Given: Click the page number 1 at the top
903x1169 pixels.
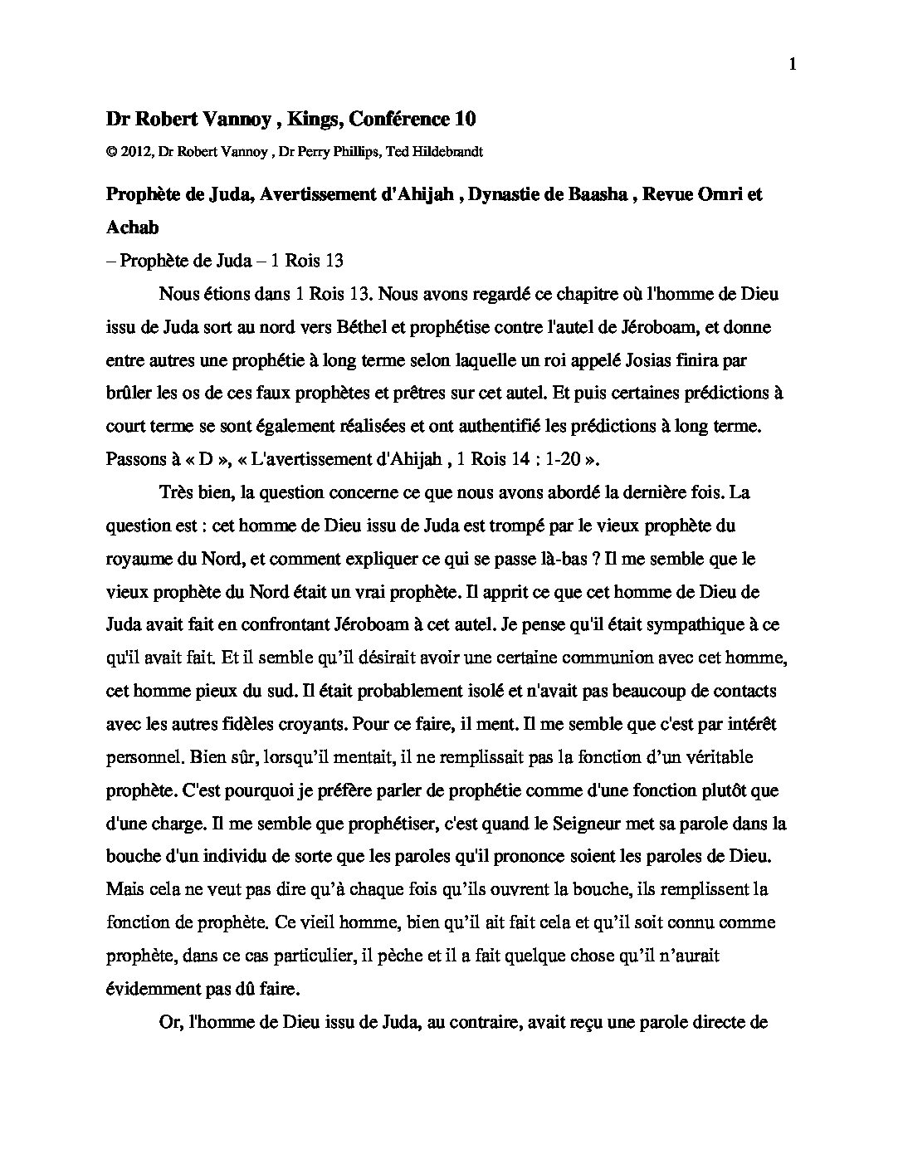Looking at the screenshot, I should point(792,65).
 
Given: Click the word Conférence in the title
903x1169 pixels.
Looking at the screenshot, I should point(398,120).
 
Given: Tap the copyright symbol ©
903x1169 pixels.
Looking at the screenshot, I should point(111,152).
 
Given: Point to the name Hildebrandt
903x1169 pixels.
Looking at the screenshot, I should point(453,152).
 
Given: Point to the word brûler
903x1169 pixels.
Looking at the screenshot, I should point(129,393).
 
